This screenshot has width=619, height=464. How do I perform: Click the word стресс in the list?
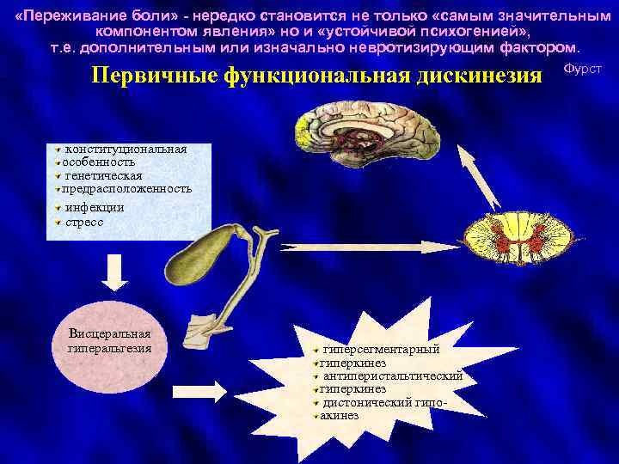point(84,221)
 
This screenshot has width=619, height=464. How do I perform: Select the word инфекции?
point(95,207)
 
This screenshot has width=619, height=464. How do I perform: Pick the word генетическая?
point(103,175)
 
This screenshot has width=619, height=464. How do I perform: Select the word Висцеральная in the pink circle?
point(109,333)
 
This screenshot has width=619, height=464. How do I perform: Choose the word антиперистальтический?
point(393,375)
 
